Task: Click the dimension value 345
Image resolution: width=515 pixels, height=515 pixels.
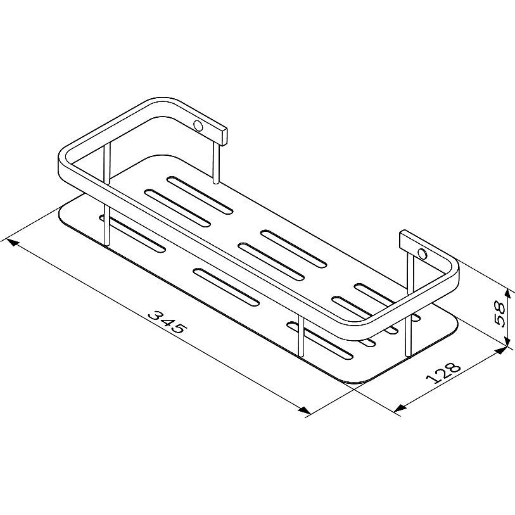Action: click(167, 322)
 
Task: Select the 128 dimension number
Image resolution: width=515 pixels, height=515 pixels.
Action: click(443, 373)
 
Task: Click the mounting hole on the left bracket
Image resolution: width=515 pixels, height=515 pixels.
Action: click(198, 126)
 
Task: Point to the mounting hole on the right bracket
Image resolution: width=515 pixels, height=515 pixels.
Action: click(422, 253)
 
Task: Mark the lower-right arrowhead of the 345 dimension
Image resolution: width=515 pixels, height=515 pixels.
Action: click(304, 410)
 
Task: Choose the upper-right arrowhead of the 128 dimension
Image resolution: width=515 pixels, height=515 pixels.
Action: click(500, 350)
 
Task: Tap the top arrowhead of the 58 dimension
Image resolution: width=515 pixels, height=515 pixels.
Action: click(509, 295)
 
